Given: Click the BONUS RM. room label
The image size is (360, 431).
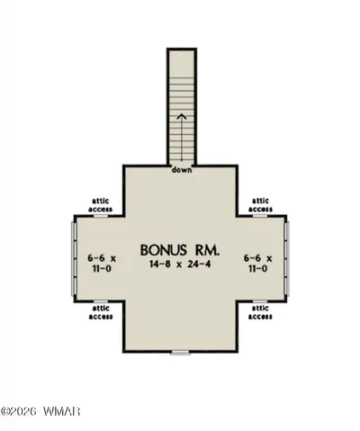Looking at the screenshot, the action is (x=180, y=250).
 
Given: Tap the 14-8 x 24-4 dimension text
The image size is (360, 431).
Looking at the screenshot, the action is (x=180, y=265).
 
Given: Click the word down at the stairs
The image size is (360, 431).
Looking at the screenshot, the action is (x=182, y=170).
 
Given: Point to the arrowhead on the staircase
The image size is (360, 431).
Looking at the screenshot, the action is (x=182, y=117).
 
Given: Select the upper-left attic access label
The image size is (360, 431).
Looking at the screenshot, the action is (x=101, y=205).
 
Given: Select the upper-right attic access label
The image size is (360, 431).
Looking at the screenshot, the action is (x=260, y=205).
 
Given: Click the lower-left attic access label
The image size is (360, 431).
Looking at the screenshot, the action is (x=101, y=312).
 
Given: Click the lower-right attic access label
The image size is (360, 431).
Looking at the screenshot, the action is (x=260, y=312).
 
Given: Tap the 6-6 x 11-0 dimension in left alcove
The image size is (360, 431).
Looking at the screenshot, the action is (x=102, y=263).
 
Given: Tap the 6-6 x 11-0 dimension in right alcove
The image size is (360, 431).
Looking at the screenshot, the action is (x=258, y=263).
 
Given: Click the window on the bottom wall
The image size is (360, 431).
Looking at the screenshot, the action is (x=180, y=353).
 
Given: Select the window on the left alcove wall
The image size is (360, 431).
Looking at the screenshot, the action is (x=73, y=258).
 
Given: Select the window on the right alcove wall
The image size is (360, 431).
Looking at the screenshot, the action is (x=288, y=258).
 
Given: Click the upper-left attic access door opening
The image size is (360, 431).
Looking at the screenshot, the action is (x=101, y=216).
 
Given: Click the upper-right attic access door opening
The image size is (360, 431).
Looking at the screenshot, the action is (x=260, y=216).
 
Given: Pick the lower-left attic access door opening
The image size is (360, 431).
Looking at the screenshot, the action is (x=101, y=301).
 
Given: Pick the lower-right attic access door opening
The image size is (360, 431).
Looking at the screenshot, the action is (x=260, y=301).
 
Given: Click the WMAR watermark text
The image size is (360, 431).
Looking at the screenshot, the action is (x=61, y=411).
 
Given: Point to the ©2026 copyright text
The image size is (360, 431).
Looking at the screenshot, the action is (x=19, y=411).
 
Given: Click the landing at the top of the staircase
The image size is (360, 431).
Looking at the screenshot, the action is (x=182, y=64).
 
